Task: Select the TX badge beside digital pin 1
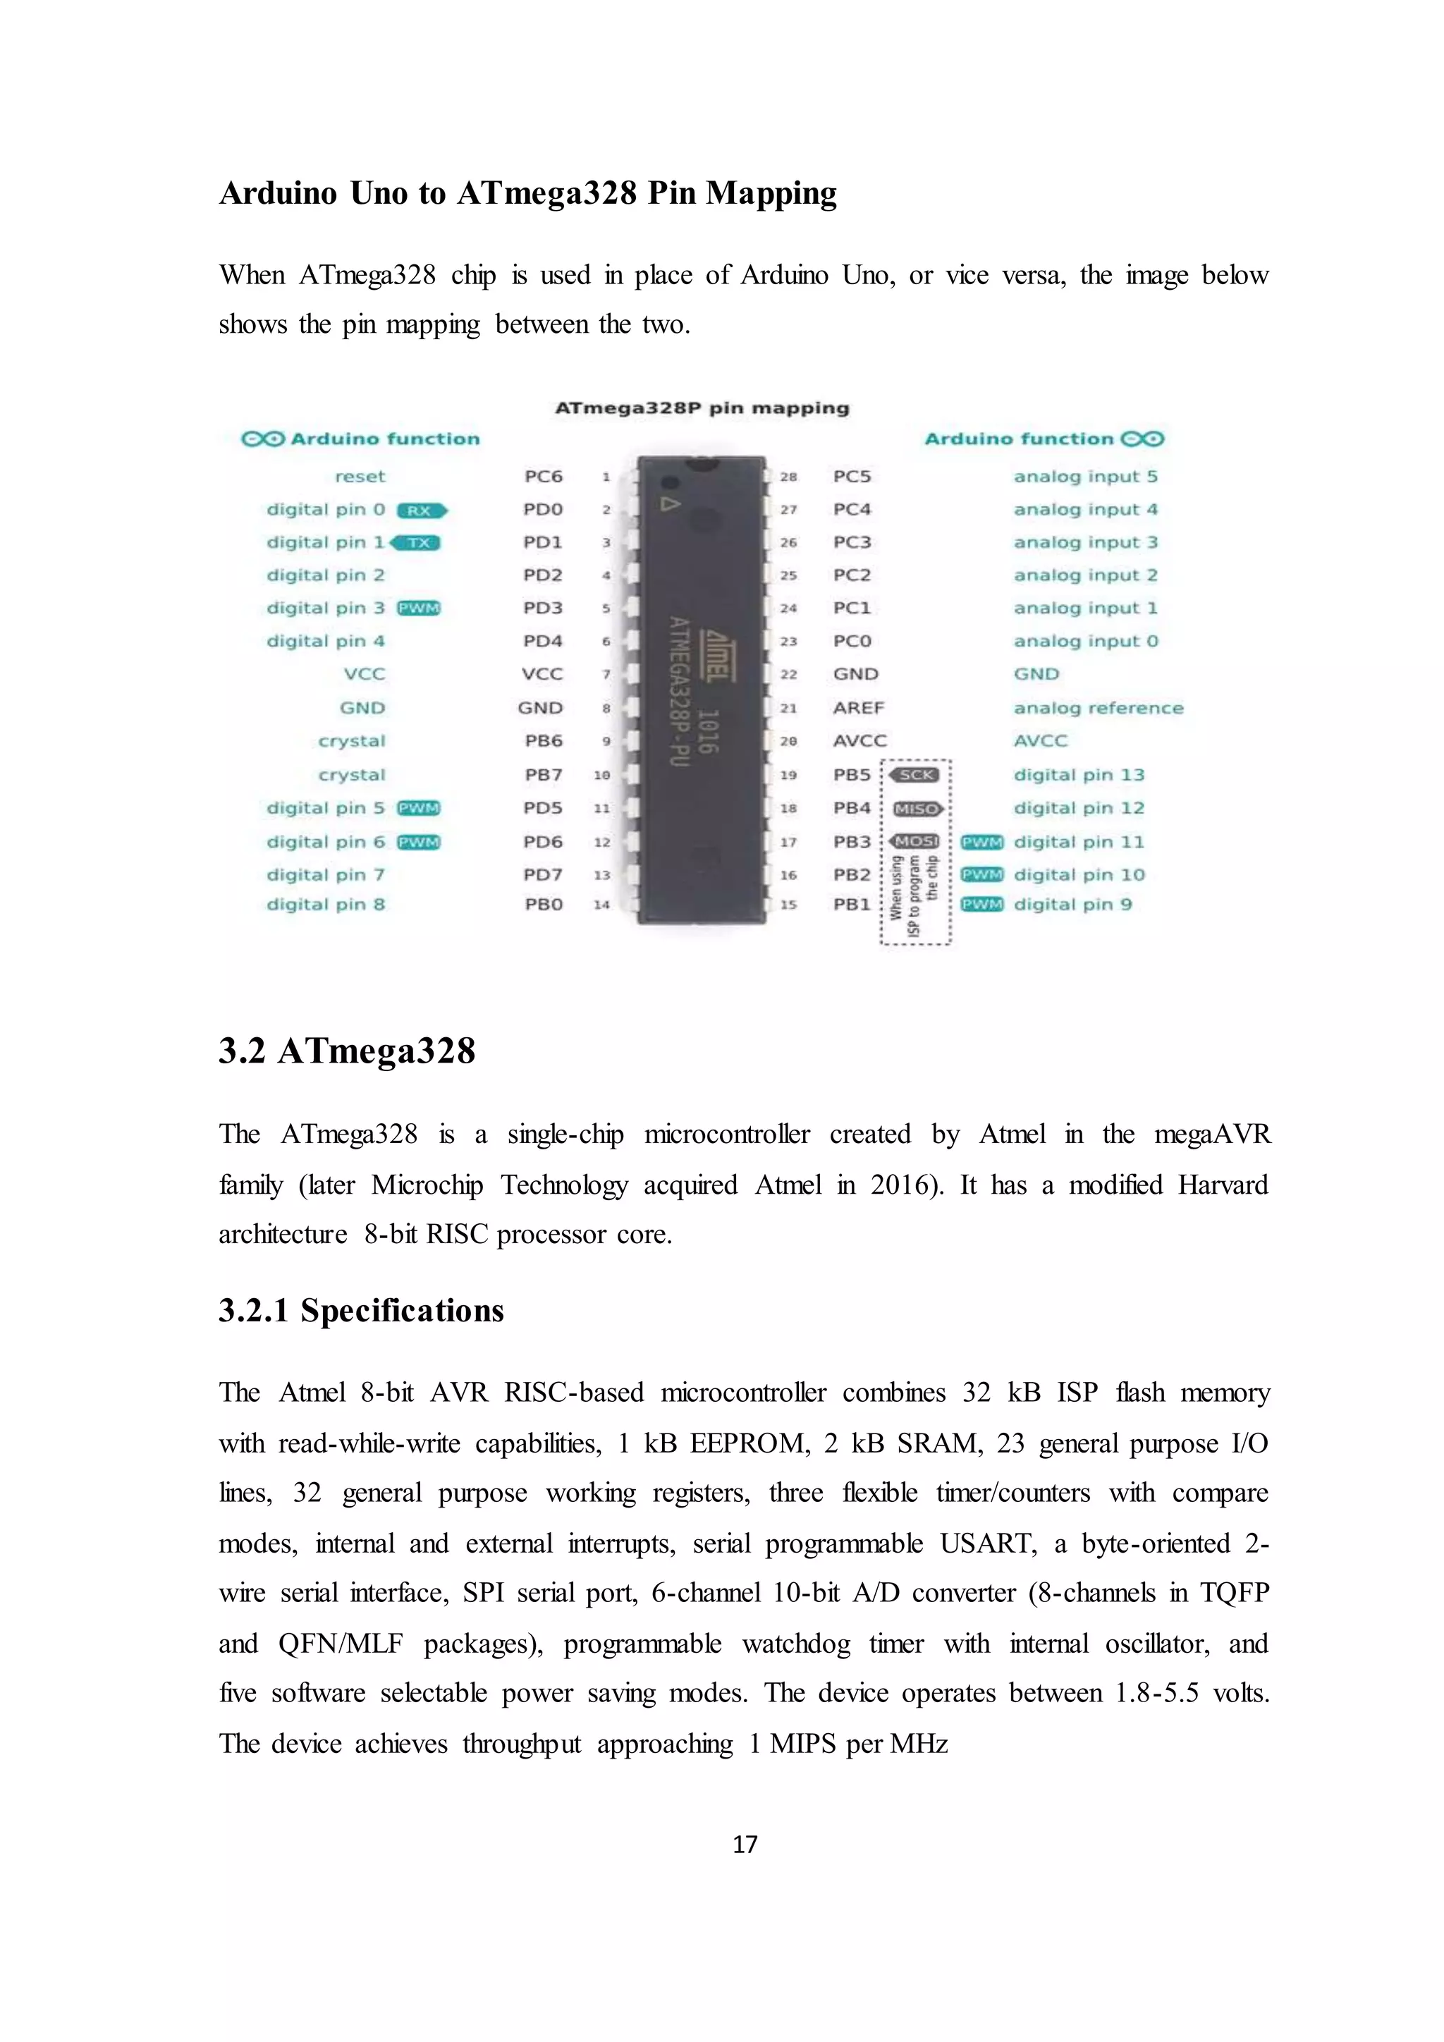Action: tap(416, 542)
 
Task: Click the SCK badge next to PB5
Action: tap(915, 775)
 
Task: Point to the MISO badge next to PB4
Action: tap(917, 809)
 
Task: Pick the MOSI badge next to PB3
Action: tap(915, 841)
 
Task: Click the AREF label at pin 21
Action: tap(858, 708)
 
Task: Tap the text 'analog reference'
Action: tap(1098, 708)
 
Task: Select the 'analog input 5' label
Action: tap(1085, 476)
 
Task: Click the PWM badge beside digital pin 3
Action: tap(419, 609)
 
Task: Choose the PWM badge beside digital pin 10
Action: tap(981, 874)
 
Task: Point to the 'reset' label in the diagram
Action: tap(360, 476)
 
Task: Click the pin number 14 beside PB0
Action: tap(602, 905)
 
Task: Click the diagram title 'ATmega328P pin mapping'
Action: tap(702, 408)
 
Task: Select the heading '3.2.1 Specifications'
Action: tap(361, 1310)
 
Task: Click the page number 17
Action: tap(745, 1844)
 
